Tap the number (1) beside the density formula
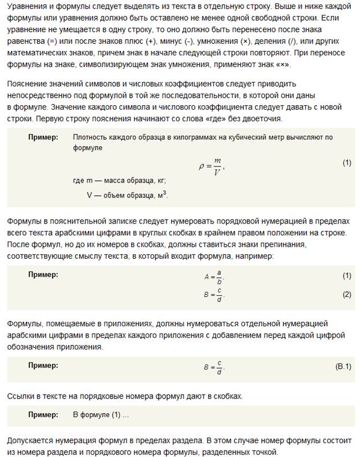346,163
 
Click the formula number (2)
346,295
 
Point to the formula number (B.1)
343,367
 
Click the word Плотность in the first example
91,137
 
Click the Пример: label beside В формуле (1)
43,415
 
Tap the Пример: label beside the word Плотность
43,137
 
